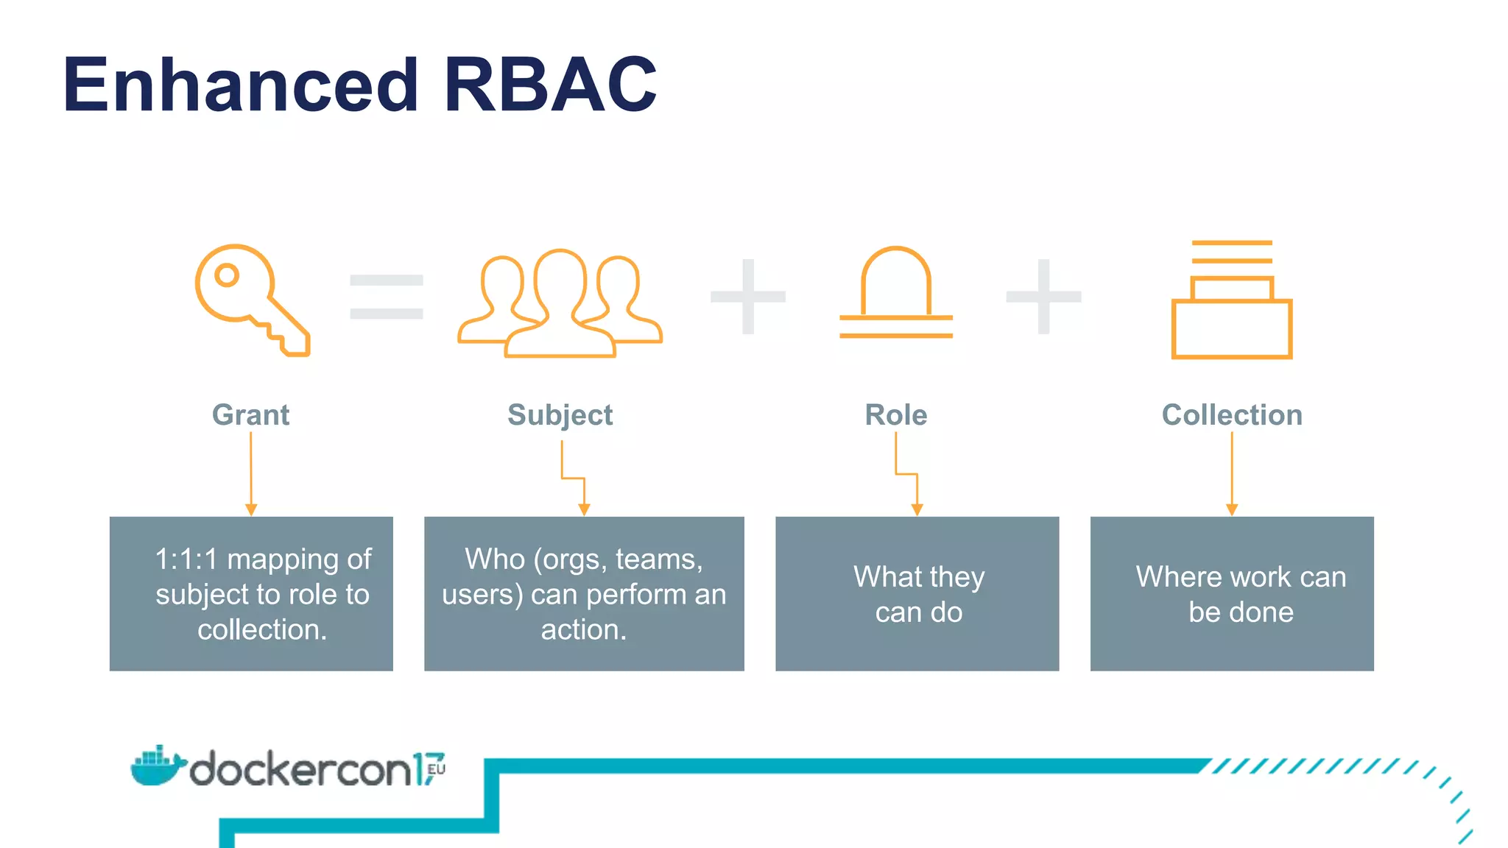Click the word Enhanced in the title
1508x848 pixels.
[241, 85]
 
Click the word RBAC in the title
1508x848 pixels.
[549, 85]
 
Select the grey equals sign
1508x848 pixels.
[386, 297]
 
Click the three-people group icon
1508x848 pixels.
[560, 304]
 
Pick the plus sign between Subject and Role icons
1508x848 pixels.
[748, 297]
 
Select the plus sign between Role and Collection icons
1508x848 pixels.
[1043, 297]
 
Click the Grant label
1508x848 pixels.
[250, 414]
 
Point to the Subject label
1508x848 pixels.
[560, 415]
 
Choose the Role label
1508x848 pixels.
[895, 414]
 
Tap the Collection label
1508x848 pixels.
[1232, 414]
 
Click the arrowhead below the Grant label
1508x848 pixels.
[251, 509]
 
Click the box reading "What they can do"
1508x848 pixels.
[917, 593]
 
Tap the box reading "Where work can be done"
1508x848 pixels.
[1232, 593]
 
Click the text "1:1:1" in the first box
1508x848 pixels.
[186, 559]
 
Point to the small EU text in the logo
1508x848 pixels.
[437, 769]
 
